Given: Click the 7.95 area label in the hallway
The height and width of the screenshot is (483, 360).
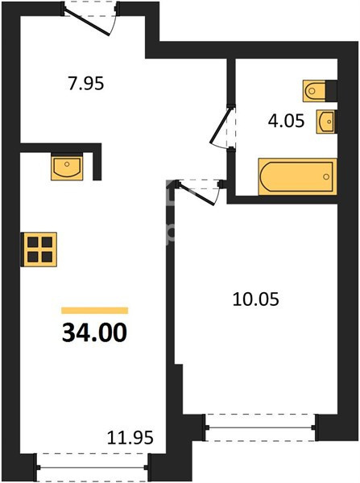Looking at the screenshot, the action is pyautogui.click(x=86, y=84).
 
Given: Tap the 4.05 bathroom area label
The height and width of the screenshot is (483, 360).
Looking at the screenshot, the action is pyautogui.click(x=287, y=121).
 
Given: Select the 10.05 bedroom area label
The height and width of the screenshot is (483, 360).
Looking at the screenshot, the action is pyautogui.click(x=256, y=299).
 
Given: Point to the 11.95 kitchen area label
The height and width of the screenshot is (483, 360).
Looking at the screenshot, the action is pyautogui.click(x=130, y=437).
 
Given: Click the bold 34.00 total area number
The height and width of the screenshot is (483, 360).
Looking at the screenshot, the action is pyautogui.click(x=94, y=332).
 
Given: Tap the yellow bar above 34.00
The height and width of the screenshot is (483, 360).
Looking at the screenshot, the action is pyautogui.click(x=94, y=311).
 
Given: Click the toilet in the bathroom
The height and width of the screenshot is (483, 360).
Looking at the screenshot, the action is pyautogui.click(x=314, y=91).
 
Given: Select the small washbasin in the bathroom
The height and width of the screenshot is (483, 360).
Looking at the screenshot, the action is pyautogui.click(x=325, y=122).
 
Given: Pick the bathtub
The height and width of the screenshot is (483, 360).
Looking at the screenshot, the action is pyautogui.click(x=297, y=177).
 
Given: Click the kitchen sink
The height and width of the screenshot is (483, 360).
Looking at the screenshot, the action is pyautogui.click(x=67, y=167).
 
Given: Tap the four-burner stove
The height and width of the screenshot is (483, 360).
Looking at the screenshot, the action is pyautogui.click(x=39, y=250).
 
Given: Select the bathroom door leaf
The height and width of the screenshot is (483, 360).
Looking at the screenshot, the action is pyautogui.click(x=220, y=126).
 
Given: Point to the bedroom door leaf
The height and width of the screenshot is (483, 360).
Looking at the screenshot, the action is pyautogui.click(x=196, y=193).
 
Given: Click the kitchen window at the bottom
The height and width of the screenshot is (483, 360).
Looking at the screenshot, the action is pyautogui.click(x=93, y=467).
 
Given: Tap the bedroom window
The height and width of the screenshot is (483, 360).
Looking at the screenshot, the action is pyautogui.click(x=260, y=427).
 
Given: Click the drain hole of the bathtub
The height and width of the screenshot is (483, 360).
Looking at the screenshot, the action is pyautogui.click(x=326, y=177).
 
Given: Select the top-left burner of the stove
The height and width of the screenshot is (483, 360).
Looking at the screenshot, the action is pyautogui.click(x=32, y=242).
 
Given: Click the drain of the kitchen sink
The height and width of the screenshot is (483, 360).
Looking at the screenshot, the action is pyautogui.click(x=67, y=163).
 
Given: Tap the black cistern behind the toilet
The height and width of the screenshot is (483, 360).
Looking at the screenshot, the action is pyautogui.click(x=331, y=91).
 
